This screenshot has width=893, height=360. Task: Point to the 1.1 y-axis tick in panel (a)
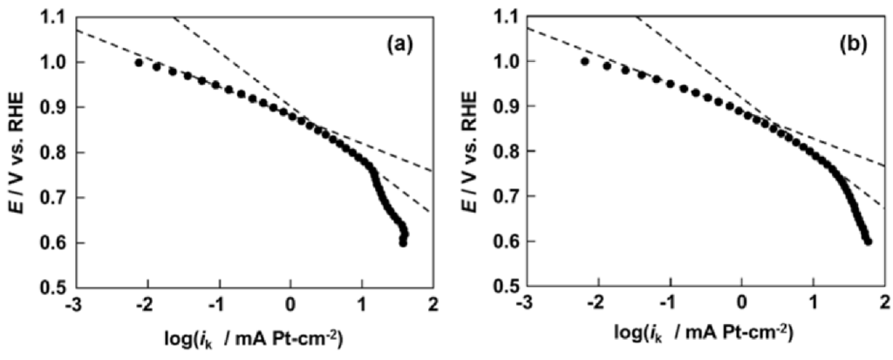(53, 17)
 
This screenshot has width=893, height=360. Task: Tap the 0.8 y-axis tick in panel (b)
(505, 152)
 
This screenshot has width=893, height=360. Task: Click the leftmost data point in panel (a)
(138, 62)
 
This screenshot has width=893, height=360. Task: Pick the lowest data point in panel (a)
(403, 242)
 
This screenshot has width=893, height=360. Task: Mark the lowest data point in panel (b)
(868, 241)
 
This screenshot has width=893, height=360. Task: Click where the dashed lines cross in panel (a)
(314, 128)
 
